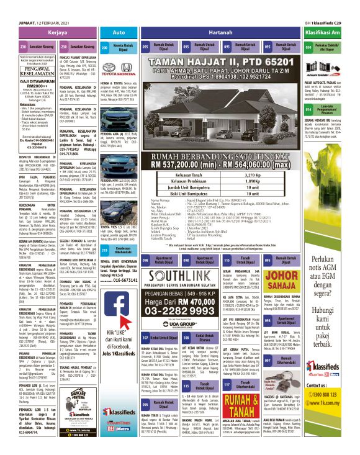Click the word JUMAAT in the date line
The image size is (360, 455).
click(12, 6)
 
